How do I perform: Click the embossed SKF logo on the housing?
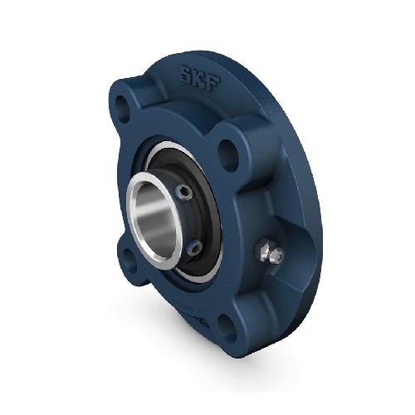coord(200,77)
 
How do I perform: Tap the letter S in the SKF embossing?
coord(187,73)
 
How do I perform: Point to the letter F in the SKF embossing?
coord(214,82)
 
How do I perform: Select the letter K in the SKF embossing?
coord(200,77)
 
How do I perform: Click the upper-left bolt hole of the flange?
coord(123,109)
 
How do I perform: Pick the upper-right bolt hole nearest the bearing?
coord(228,153)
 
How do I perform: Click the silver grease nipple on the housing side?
coord(269,251)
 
